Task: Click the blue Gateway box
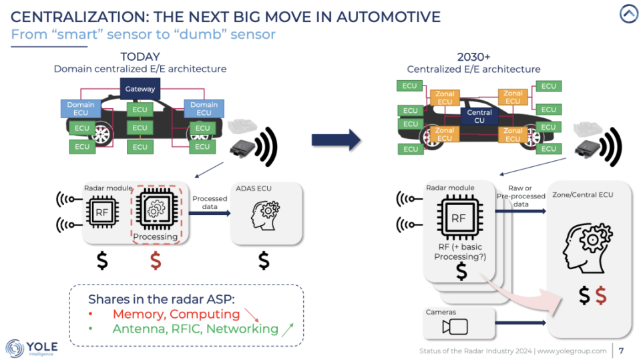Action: [140, 88]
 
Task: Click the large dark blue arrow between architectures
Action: [336, 140]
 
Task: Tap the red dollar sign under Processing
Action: [156, 260]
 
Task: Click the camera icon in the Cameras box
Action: [455, 327]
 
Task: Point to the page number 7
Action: [622, 351]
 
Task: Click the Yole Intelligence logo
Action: [32, 347]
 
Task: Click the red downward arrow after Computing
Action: [251, 314]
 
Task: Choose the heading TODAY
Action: [140, 57]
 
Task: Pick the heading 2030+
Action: [473, 57]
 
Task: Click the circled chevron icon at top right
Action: [628, 14]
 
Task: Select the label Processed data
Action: [210, 203]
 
